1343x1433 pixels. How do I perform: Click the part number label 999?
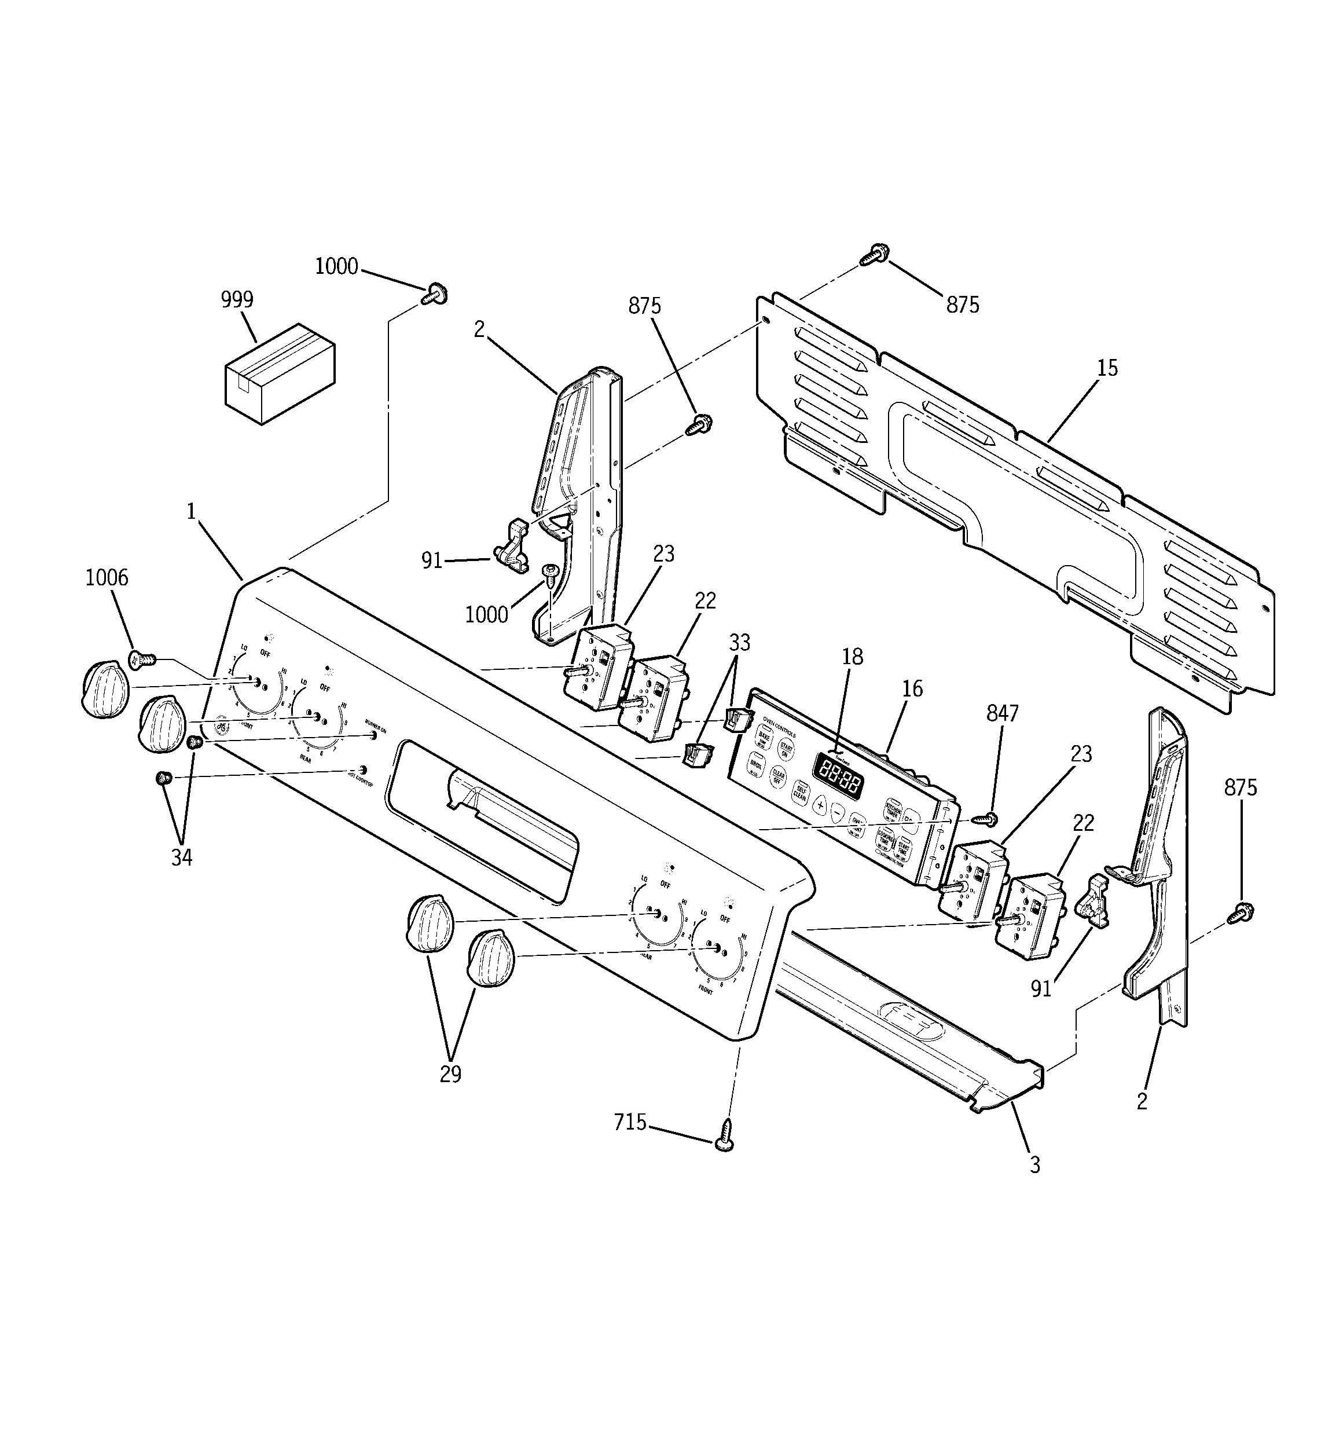pos(237,300)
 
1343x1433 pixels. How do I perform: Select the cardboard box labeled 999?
pos(280,373)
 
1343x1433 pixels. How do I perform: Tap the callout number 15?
pos(1107,368)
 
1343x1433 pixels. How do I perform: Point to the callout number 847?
pos(1002,714)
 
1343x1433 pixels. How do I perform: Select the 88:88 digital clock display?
pos(838,775)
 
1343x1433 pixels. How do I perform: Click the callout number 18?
pos(852,657)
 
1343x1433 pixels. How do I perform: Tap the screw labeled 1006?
pos(141,658)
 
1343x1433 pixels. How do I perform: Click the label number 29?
pos(450,1074)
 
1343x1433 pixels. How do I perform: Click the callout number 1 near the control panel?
pos(191,512)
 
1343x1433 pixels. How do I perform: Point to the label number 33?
pos(739,642)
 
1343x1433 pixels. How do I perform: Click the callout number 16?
pos(912,689)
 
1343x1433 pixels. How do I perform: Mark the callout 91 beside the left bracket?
pos(431,560)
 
